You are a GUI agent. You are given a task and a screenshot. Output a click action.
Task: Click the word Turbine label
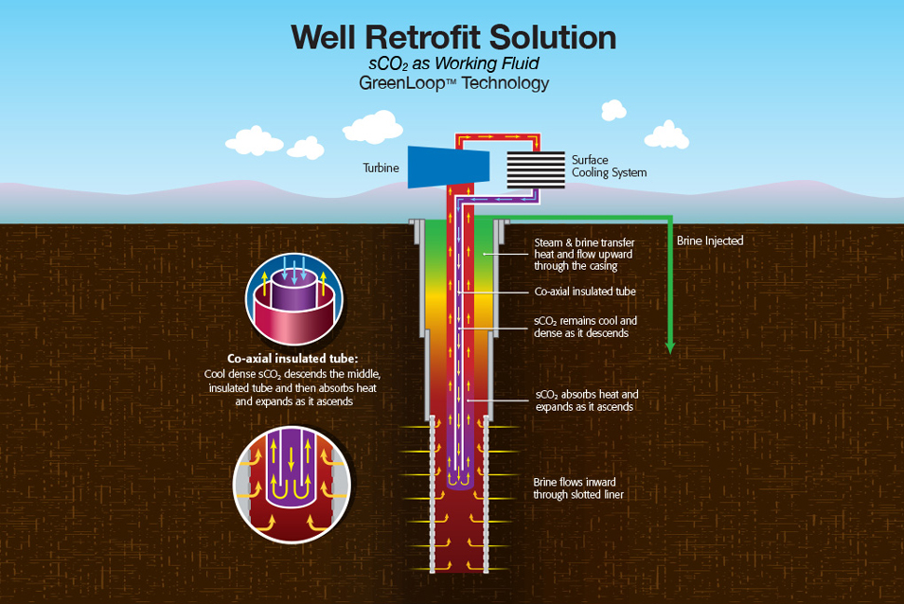point(381,169)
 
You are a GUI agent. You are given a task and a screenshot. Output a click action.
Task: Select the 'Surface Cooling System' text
point(609,167)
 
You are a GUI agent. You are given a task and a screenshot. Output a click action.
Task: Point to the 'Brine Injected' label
point(710,240)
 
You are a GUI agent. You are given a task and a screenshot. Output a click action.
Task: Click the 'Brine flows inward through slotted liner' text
point(578,487)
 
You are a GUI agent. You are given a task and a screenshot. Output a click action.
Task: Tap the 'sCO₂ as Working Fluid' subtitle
point(453,63)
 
